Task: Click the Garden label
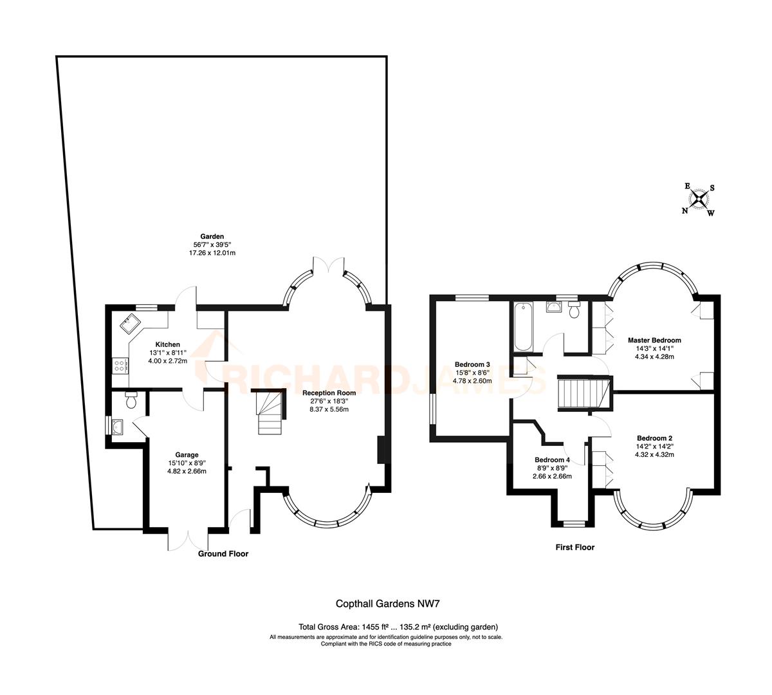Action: pyautogui.click(x=211, y=237)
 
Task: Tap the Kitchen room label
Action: pyautogui.click(x=165, y=345)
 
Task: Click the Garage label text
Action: pyautogui.click(x=188, y=454)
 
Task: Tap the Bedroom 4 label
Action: pyautogui.click(x=552, y=460)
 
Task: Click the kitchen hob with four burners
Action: pyautogui.click(x=120, y=366)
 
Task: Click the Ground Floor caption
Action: pyautogui.click(x=223, y=553)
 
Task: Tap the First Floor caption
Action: pyautogui.click(x=574, y=548)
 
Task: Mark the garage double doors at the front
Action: pyautogui.click(x=188, y=539)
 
